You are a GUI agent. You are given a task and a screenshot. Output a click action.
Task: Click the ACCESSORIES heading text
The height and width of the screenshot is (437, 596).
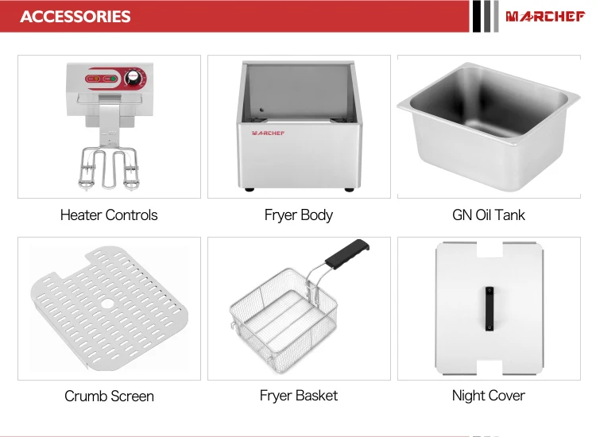pos(75,16)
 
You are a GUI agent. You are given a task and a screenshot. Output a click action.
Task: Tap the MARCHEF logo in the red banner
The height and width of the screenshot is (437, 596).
pos(544,16)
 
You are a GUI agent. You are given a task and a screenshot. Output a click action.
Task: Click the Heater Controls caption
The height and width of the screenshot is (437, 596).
pos(109,215)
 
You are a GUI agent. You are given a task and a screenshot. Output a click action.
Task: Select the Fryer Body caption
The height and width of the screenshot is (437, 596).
pos(299,215)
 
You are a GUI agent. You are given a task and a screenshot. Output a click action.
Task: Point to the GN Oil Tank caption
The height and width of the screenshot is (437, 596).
pos(488,215)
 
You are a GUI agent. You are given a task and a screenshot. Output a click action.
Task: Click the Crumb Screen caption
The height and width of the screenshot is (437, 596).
pos(109,396)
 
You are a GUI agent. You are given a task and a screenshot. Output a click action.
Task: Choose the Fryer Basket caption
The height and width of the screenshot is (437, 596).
pos(299,396)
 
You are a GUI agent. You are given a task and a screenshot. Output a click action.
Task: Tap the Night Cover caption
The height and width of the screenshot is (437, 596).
pos(488,396)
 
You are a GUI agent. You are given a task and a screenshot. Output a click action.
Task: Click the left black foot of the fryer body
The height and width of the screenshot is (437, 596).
pos(250,188)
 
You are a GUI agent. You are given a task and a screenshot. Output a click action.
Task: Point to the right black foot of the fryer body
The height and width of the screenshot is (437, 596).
pos(348,188)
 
